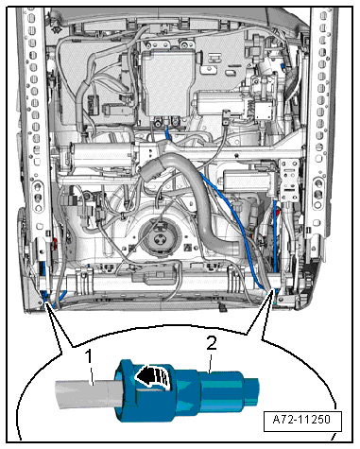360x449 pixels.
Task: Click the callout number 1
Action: (x=90, y=357)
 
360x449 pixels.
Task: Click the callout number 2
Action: (x=212, y=343)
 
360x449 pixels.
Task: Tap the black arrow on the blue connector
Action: (x=151, y=375)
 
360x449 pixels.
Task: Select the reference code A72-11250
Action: (x=301, y=420)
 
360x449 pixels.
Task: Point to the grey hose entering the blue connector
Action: (x=87, y=393)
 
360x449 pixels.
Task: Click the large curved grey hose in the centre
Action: (x=201, y=201)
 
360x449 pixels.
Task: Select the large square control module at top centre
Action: (x=168, y=84)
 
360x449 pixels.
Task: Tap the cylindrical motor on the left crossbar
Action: (x=101, y=153)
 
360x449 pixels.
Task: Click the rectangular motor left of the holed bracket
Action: (x=249, y=181)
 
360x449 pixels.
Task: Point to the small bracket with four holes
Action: (x=290, y=179)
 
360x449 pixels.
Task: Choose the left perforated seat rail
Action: (x=35, y=126)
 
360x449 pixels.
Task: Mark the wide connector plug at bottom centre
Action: (x=154, y=277)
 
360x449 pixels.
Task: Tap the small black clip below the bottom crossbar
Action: (x=222, y=307)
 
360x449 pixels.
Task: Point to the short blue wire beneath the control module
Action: (x=167, y=131)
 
